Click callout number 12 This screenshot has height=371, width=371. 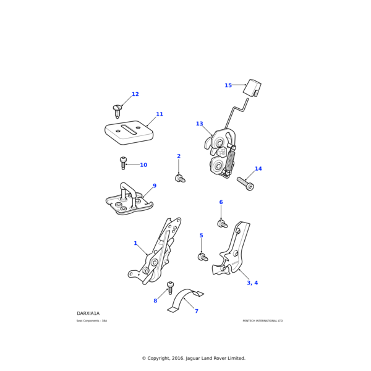tap(135, 95)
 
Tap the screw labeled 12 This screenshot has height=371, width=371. tap(117, 111)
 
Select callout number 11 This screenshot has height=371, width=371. tap(160, 114)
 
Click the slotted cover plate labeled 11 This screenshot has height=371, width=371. tap(129, 132)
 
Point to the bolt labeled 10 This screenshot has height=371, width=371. tap(123, 163)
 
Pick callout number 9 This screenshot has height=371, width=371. tap(155, 186)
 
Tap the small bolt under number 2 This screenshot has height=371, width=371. tap(180, 179)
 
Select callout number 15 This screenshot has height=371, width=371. tap(228, 86)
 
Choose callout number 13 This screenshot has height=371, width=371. tap(199, 124)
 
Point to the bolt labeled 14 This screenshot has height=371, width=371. tap(245, 183)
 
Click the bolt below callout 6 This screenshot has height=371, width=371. tap(222, 223)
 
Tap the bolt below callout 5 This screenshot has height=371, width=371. tap(202, 257)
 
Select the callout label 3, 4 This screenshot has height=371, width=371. tap(252, 283)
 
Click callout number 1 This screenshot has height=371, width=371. tap(135, 243)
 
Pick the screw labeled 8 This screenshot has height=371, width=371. tap(171, 288)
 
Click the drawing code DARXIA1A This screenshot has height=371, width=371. tap(88, 313)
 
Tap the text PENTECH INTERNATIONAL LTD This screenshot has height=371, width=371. tap(262, 321)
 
